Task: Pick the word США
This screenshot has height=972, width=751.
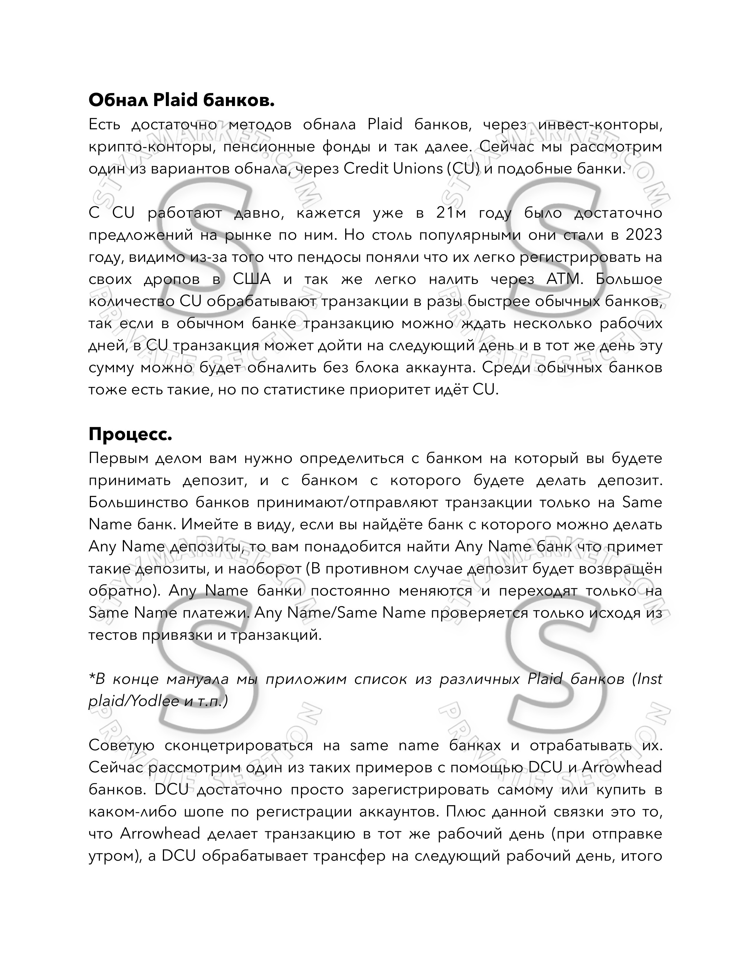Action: click(252, 280)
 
